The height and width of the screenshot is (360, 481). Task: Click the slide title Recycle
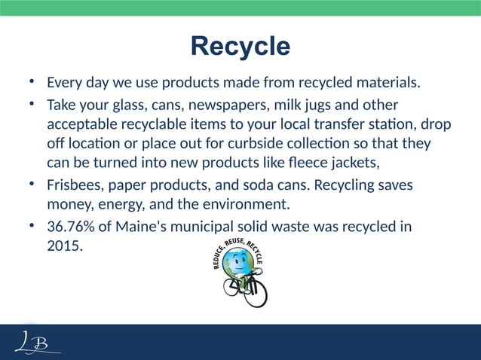point(240,46)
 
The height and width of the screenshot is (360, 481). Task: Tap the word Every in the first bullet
point(63,81)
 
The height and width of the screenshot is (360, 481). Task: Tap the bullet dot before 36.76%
point(29,227)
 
